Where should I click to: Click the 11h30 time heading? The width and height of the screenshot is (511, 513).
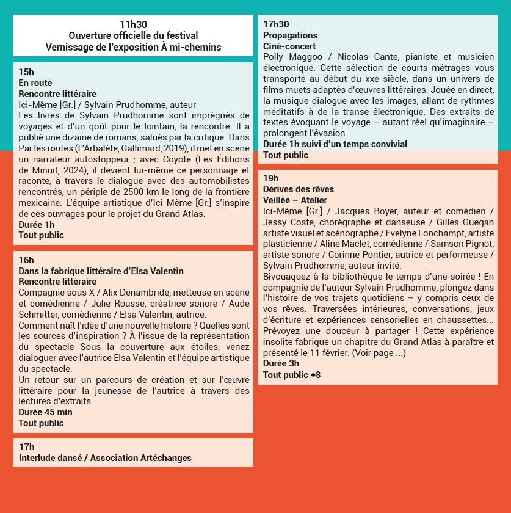[133, 25]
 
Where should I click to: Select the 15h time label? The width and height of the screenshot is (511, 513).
[26, 72]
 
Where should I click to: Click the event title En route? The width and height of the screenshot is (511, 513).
[35, 83]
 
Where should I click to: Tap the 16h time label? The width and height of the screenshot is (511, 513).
[26, 260]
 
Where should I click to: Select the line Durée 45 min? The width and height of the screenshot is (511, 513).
[45, 412]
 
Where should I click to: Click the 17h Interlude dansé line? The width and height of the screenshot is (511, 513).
[105, 458]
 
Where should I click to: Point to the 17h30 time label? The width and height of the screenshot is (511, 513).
[276, 24]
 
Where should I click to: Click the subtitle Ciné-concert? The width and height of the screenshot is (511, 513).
[289, 46]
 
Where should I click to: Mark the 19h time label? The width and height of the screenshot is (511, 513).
[270, 178]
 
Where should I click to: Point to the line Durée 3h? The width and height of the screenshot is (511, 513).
[281, 363]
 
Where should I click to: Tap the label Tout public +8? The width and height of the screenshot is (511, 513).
[291, 374]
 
